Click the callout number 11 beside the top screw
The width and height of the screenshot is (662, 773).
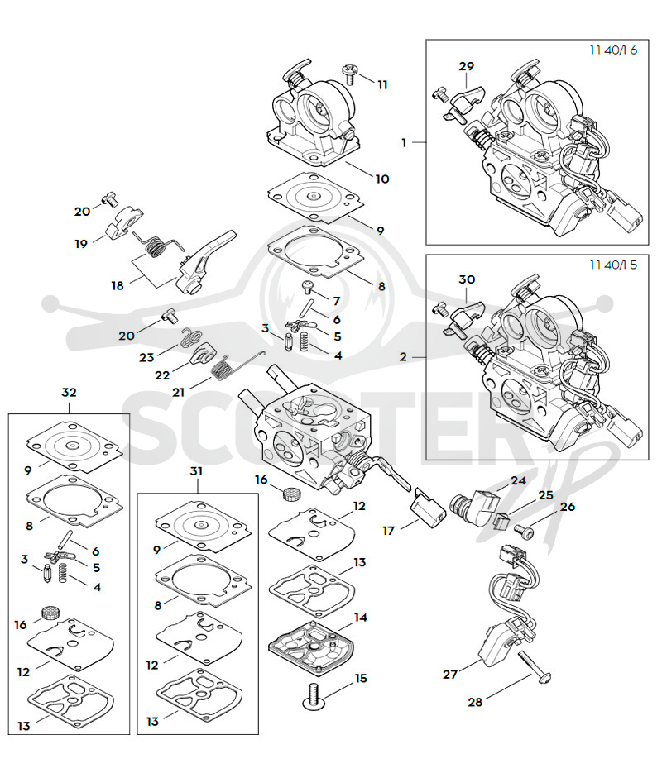pyautogui.click(x=382, y=85)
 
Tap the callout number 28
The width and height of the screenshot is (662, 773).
pyautogui.click(x=474, y=702)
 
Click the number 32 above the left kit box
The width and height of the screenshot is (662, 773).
pyautogui.click(x=69, y=392)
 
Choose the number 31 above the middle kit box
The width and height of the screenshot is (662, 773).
pyautogui.click(x=196, y=471)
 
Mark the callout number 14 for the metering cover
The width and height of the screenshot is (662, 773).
pyautogui.click(x=361, y=618)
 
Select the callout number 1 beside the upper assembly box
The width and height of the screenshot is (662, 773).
pyautogui.click(x=404, y=142)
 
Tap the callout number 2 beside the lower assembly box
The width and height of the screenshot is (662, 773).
pyautogui.click(x=403, y=356)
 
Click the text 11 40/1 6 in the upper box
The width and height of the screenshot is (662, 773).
pyautogui.click(x=613, y=50)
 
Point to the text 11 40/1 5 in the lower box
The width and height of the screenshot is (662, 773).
pyautogui.click(x=613, y=265)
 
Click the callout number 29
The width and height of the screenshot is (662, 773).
pyautogui.click(x=466, y=66)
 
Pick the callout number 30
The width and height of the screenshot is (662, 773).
pyautogui.click(x=467, y=279)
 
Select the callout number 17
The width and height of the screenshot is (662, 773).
pyautogui.click(x=389, y=531)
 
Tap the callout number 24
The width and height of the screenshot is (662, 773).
pyautogui.click(x=519, y=480)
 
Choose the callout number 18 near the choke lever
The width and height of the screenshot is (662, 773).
pyautogui.click(x=118, y=285)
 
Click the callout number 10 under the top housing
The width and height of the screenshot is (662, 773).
pyautogui.click(x=382, y=179)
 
